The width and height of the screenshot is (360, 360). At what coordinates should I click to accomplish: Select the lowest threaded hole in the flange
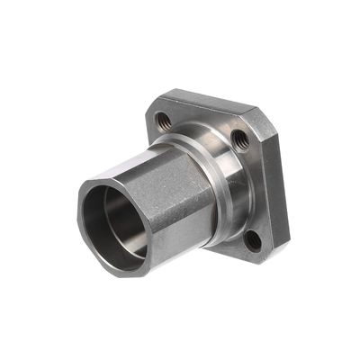254,240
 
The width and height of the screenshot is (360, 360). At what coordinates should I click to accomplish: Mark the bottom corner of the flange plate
261,261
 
